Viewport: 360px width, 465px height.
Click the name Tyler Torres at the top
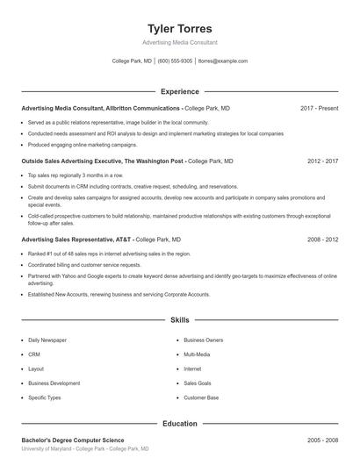[179, 28]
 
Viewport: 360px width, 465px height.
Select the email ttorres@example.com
[223, 61]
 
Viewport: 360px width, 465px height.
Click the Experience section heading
[179, 91]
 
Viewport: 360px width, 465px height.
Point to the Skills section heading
[179, 321]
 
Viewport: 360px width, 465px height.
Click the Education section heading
[179, 424]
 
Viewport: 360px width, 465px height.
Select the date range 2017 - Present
[319, 108]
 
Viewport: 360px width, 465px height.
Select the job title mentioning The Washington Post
[103, 161]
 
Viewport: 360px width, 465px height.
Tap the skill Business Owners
[203, 340]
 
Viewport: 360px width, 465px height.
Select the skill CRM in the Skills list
[34, 354]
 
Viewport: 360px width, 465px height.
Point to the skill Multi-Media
[197, 354]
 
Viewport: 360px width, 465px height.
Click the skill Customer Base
[201, 397]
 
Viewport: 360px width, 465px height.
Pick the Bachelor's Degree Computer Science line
[73, 440]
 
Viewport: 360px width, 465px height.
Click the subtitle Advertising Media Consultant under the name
[179, 42]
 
